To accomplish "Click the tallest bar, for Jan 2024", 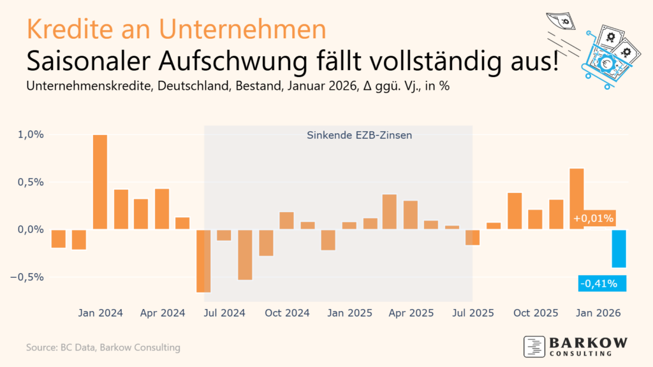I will (100, 182).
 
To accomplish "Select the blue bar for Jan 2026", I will (618, 248).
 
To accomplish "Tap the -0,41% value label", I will (598, 284).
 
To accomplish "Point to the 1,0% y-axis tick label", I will (31, 134).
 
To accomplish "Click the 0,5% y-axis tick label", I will (31, 182).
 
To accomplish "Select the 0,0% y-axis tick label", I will (31, 229).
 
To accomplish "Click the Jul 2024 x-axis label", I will (225, 313).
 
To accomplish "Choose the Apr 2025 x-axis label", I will (411, 313).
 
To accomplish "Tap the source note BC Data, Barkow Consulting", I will (103, 347).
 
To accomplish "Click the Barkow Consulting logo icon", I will (533, 346).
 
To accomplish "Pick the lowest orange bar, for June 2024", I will (204, 261).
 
